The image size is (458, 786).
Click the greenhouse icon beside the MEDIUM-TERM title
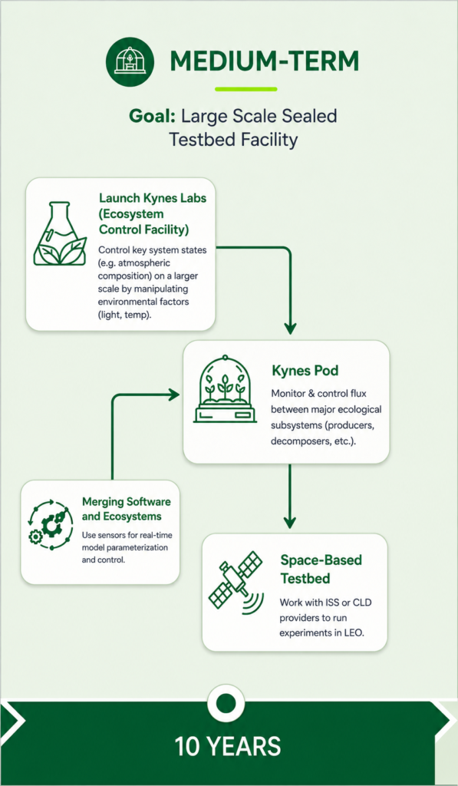click(x=130, y=62)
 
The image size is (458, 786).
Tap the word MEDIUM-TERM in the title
click(x=265, y=61)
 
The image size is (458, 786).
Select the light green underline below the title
click(x=245, y=89)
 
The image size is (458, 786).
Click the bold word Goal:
click(x=152, y=117)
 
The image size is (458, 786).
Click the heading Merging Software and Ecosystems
click(x=126, y=509)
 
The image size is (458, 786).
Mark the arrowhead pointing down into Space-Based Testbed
click(x=290, y=521)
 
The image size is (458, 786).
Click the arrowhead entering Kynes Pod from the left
click(x=174, y=395)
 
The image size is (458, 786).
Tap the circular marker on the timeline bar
click(x=226, y=701)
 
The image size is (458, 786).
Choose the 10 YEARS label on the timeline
click(x=228, y=746)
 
